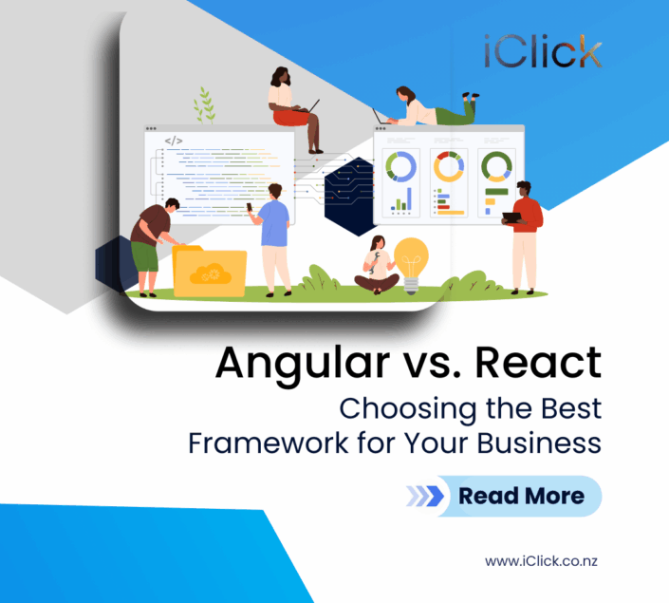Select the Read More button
click(502, 496)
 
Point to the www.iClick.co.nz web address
click(541, 561)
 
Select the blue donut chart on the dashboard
click(400, 167)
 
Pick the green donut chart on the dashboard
click(495, 167)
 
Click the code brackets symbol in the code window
click(173, 141)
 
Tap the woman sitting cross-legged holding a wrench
click(376, 266)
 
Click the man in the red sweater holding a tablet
click(524, 233)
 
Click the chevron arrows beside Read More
click(425, 496)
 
